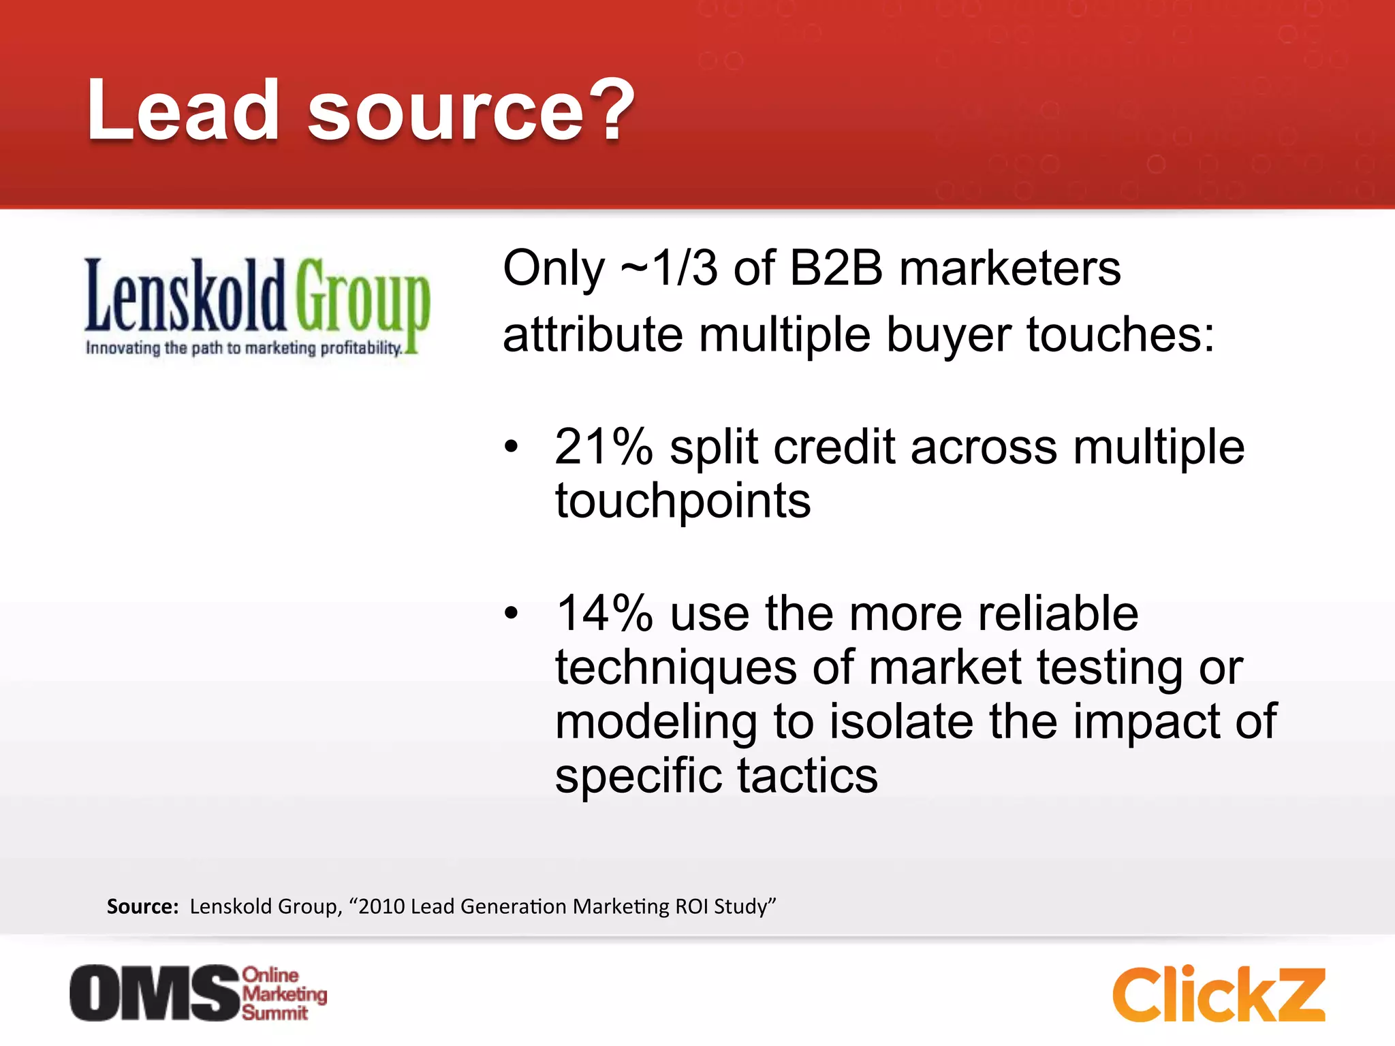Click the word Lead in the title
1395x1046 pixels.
click(182, 110)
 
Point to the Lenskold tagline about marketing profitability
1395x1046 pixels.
click(243, 348)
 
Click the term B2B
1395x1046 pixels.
click(836, 268)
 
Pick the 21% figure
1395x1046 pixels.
click(604, 447)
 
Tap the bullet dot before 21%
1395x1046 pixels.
click(511, 447)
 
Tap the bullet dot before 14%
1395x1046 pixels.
click(511, 614)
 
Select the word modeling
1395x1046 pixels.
click(655, 722)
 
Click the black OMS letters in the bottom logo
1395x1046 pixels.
click(155, 993)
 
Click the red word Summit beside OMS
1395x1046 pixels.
click(275, 1013)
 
